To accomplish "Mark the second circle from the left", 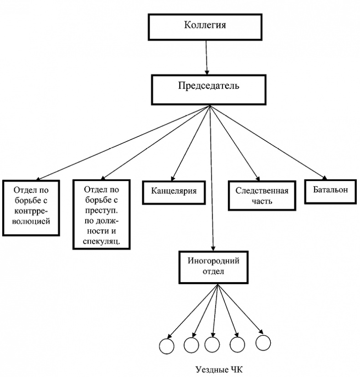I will pyautogui.click(x=190, y=345).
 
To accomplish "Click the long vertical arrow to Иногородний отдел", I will pyautogui.click(x=211, y=182).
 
